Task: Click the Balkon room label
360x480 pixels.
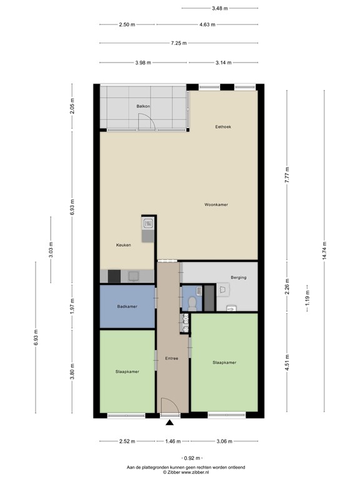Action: [143, 107]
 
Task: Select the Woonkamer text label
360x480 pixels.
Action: [216, 204]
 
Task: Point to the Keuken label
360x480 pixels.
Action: [124, 245]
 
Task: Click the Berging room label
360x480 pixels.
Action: [238, 277]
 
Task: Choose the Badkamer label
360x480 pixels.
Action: [127, 306]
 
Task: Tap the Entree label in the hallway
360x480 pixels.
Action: [172, 359]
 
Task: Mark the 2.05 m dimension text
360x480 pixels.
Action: [72, 110]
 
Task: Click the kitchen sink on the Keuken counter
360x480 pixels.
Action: [148, 223]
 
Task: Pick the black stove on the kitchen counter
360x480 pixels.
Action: [114, 276]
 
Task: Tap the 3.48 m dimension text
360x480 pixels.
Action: [219, 8]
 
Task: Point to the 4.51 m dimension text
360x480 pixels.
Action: [287, 362]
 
